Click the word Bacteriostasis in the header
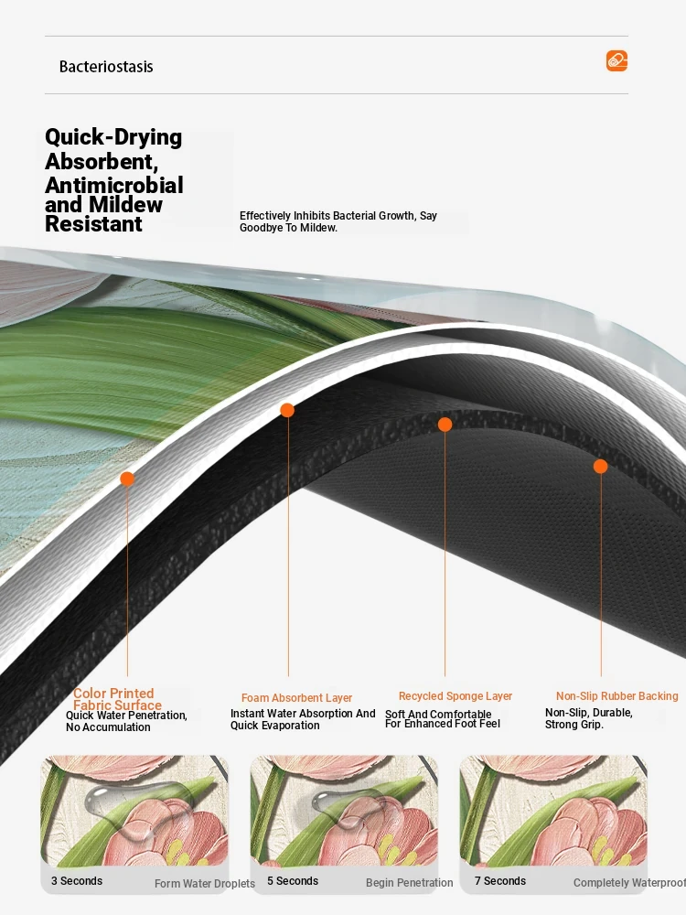(106, 67)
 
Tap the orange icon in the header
(616, 60)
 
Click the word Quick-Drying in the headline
(113, 138)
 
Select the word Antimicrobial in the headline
(114, 185)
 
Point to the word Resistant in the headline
(94, 223)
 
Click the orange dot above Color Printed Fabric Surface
(127, 479)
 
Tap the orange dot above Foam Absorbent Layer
(287, 410)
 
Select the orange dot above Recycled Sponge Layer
(445, 425)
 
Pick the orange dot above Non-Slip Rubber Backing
(600, 467)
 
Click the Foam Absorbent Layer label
(297, 698)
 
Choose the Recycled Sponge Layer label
(456, 696)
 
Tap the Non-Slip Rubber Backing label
(617, 696)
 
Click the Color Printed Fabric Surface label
(117, 699)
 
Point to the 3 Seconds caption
(77, 881)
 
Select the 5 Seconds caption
(293, 881)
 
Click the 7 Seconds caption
(500, 881)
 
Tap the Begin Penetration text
(410, 883)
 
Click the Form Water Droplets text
(205, 884)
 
